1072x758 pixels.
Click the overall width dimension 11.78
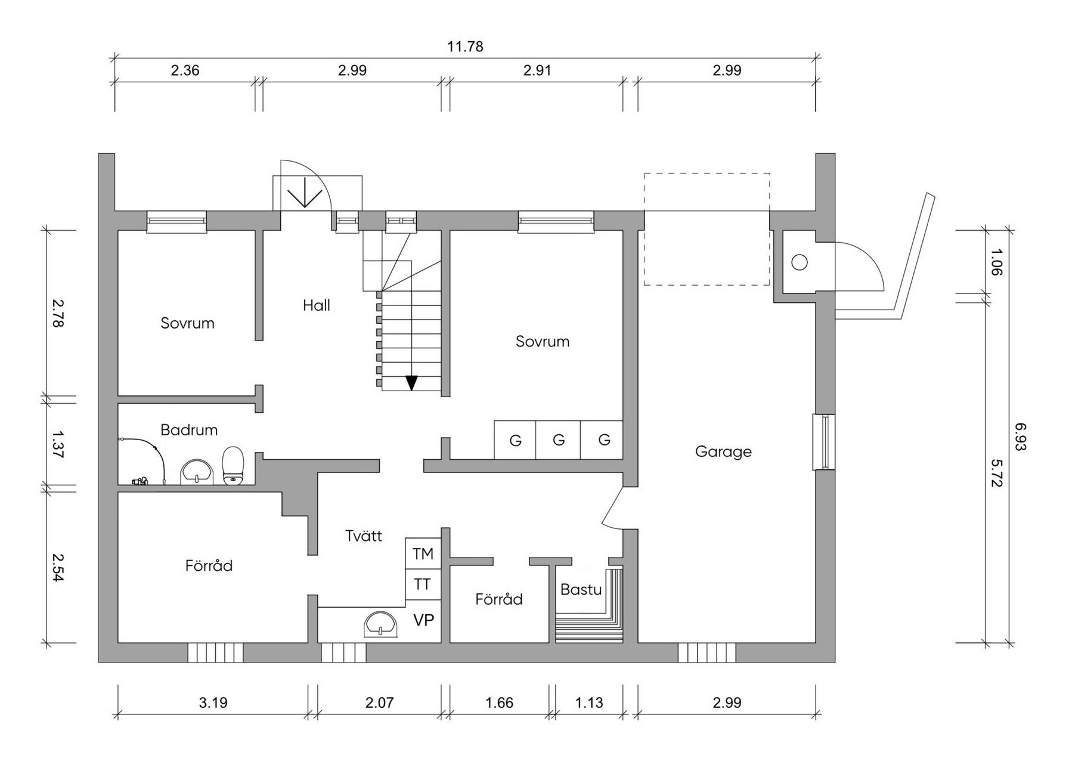[465, 47]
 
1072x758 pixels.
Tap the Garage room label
[723, 451]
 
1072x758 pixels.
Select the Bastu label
[581, 590]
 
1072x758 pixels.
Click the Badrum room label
[189, 430]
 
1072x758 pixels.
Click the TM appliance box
[423, 554]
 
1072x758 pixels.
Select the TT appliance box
[423, 584]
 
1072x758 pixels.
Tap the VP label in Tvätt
[423, 620]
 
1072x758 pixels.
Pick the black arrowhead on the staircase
[411, 382]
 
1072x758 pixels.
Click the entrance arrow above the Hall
[305, 191]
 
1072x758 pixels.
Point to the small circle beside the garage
[799, 262]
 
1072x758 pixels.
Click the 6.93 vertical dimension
[1020, 437]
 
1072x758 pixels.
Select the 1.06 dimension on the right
[996, 262]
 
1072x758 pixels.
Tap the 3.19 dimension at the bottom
[213, 703]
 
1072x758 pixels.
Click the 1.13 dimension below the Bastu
[589, 703]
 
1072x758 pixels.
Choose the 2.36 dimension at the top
[185, 70]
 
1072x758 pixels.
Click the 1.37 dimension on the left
[58, 444]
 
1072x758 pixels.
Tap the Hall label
[316, 305]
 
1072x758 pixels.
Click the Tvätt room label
[364, 536]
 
